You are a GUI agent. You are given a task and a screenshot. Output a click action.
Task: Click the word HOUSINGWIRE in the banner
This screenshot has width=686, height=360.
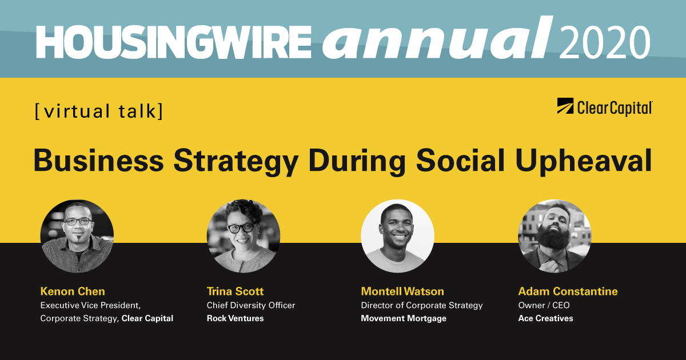tap(174, 41)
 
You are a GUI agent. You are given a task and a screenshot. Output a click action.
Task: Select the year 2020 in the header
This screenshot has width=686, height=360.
tap(605, 41)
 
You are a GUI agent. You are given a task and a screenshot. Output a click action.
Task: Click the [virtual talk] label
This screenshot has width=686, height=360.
tap(99, 111)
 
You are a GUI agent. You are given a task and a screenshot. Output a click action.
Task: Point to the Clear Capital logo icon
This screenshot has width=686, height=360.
tap(565, 106)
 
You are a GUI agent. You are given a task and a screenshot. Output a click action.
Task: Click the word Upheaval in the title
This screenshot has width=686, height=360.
tap(584, 162)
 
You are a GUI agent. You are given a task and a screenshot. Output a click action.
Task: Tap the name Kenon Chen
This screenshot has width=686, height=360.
tap(73, 291)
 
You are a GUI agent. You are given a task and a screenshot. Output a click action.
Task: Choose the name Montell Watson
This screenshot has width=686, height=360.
tap(402, 291)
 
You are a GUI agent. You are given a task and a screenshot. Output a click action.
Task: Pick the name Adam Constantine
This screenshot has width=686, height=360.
tap(568, 291)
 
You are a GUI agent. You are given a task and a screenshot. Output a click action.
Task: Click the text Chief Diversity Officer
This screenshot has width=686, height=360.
tap(251, 305)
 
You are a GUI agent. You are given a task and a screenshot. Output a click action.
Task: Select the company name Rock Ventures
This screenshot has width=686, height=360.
tap(235, 318)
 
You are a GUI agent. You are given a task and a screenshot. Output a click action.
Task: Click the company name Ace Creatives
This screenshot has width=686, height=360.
tap(545, 318)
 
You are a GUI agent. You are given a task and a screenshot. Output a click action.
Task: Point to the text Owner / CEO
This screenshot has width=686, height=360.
tap(544, 305)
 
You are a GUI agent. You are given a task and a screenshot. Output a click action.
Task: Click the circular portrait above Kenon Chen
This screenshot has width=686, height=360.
tap(77, 236)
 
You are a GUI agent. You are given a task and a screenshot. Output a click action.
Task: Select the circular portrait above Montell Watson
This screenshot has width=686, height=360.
tap(397, 236)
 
